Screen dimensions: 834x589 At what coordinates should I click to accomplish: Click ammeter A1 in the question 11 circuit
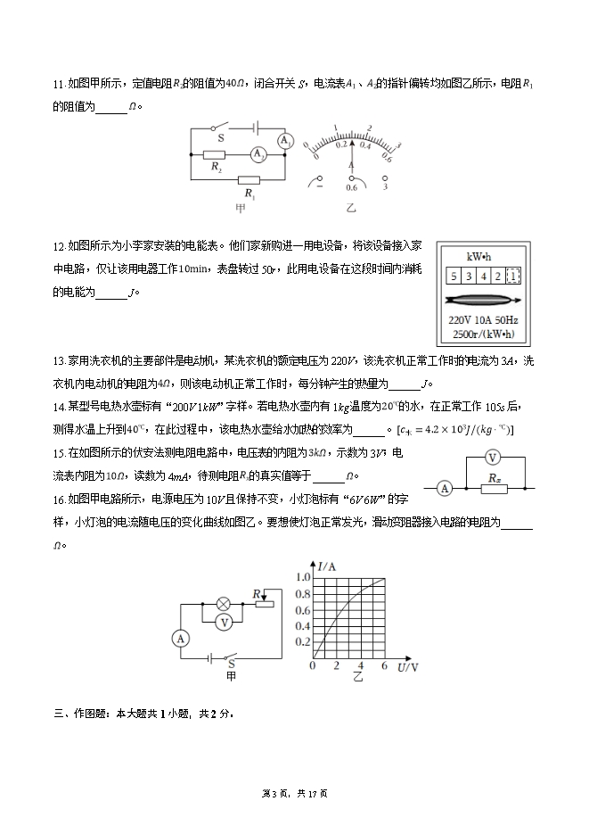(x=285, y=141)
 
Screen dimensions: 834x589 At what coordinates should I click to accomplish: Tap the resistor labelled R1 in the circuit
(x=250, y=178)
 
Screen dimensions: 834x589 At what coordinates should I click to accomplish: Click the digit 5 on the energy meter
(x=454, y=277)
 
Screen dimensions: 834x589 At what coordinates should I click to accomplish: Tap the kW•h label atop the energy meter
(x=479, y=257)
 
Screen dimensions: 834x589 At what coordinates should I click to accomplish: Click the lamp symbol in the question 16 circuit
(x=225, y=603)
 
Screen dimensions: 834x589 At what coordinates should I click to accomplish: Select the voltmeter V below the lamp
(x=225, y=622)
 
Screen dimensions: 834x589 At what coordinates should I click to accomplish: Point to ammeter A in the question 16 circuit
(x=180, y=639)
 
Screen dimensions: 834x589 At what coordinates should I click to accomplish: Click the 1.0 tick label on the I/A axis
(x=303, y=577)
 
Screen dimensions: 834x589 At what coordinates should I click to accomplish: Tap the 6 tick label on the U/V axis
(x=384, y=666)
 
